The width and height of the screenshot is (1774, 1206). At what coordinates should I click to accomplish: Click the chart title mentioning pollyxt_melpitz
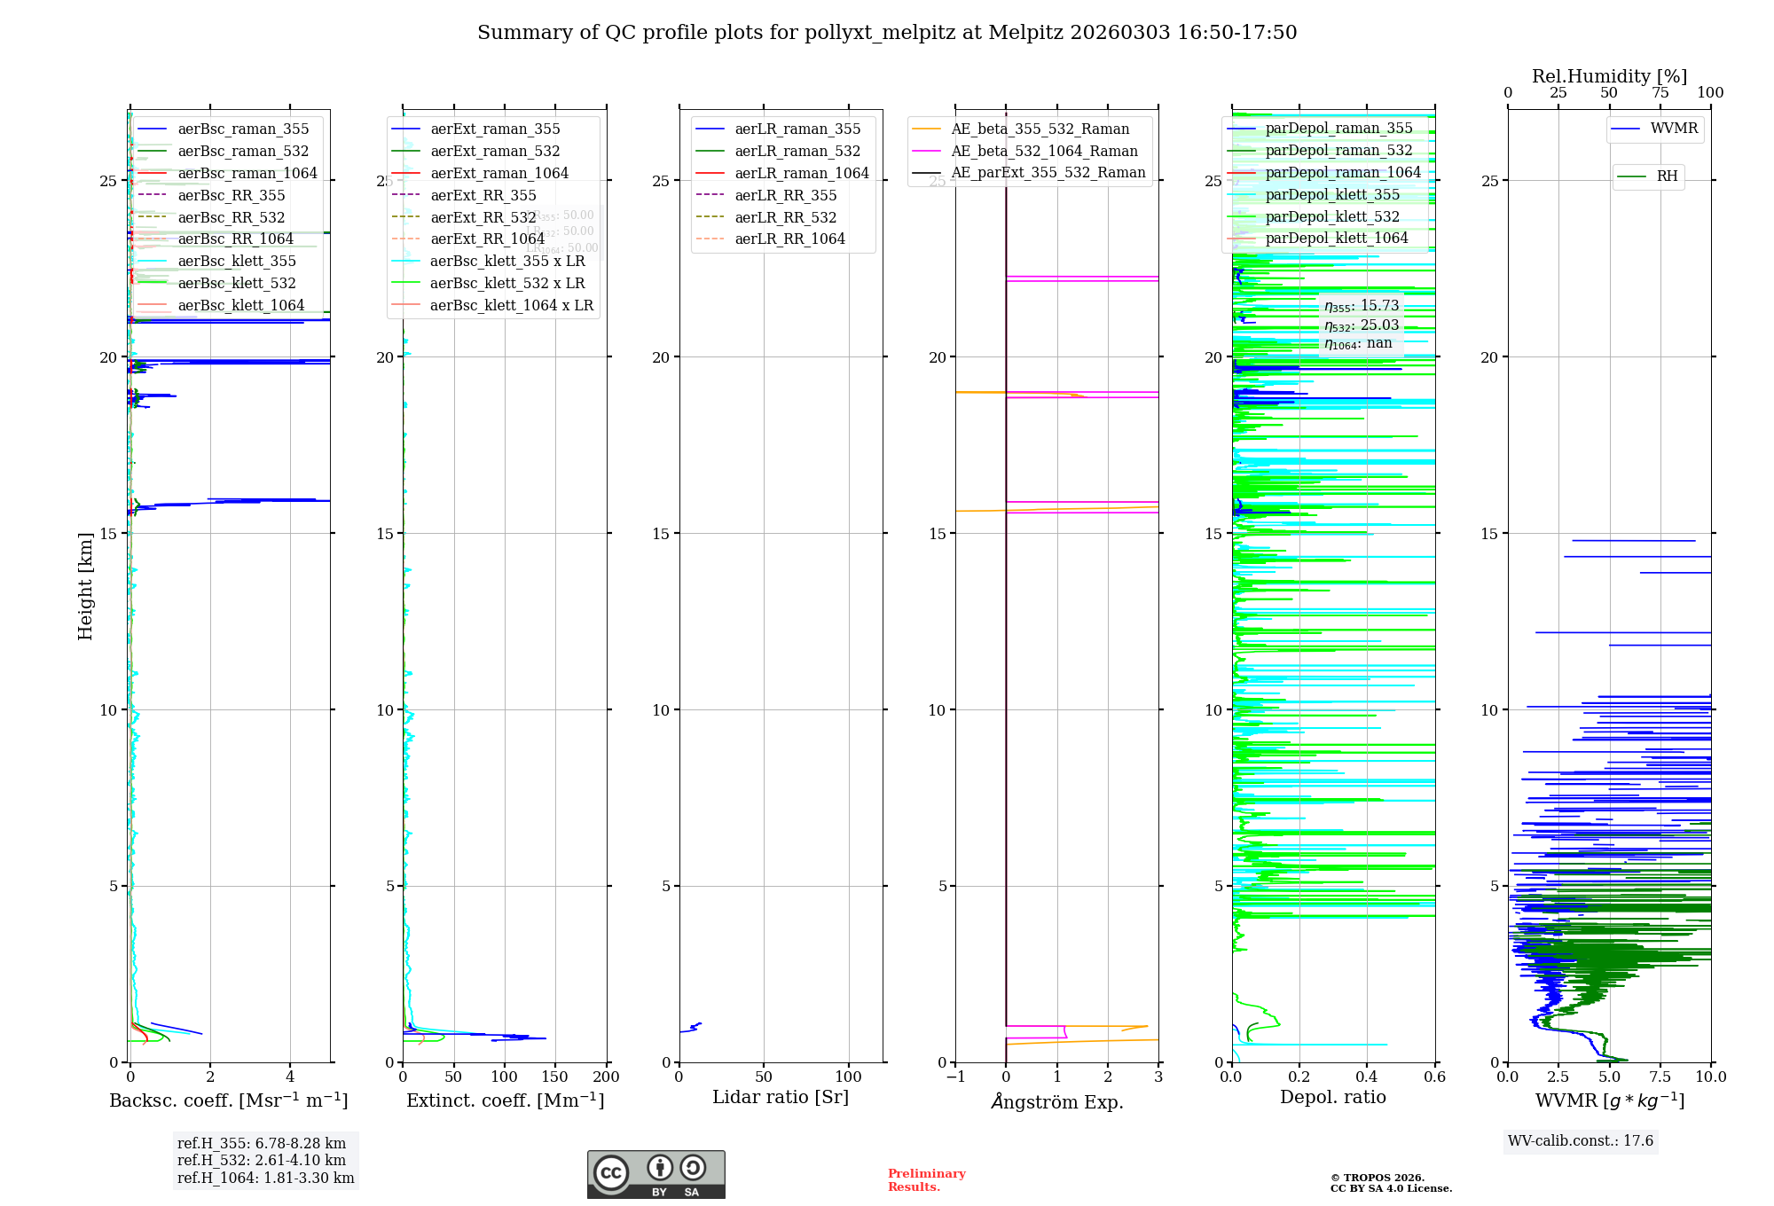click(x=887, y=33)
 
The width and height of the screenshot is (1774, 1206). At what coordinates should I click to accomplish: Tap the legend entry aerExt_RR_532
click(x=483, y=217)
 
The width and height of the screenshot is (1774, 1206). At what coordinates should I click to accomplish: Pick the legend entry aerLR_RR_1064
click(x=789, y=239)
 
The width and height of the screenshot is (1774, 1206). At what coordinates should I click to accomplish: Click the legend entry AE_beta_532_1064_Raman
click(x=1044, y=151)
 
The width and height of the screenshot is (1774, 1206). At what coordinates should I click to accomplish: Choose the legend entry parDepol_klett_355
click(x=1332, y=194)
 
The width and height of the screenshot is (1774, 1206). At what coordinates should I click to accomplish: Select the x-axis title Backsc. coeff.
click(x=229, y=1100)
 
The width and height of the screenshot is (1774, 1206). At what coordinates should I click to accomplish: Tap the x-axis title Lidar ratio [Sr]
click(x=781, y=1097)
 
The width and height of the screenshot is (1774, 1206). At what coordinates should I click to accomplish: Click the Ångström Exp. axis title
click(x=1056, y=1101)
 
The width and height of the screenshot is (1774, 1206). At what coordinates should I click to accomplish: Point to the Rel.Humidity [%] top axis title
click(x=1609, y=76)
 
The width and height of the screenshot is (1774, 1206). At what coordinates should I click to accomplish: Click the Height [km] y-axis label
click(x=85, y=585)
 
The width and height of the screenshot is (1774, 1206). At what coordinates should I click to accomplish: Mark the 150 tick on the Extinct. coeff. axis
click(x=555, y=1077)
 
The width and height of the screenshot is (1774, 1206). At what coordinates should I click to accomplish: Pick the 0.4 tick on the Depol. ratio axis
click(x=1367, y=1077)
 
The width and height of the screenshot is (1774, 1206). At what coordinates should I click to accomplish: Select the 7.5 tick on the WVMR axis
click(x=1660, y=1077)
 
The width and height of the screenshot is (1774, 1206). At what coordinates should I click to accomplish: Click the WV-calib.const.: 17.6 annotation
click(x=1581, y=1140)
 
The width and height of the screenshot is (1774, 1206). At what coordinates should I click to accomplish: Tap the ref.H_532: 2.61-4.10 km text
click(x=262, y=1160)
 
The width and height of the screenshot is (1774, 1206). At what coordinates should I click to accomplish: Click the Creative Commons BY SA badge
click(x=655, y=1174)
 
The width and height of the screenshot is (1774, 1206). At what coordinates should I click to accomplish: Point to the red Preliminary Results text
click(x=926, y=1179)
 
